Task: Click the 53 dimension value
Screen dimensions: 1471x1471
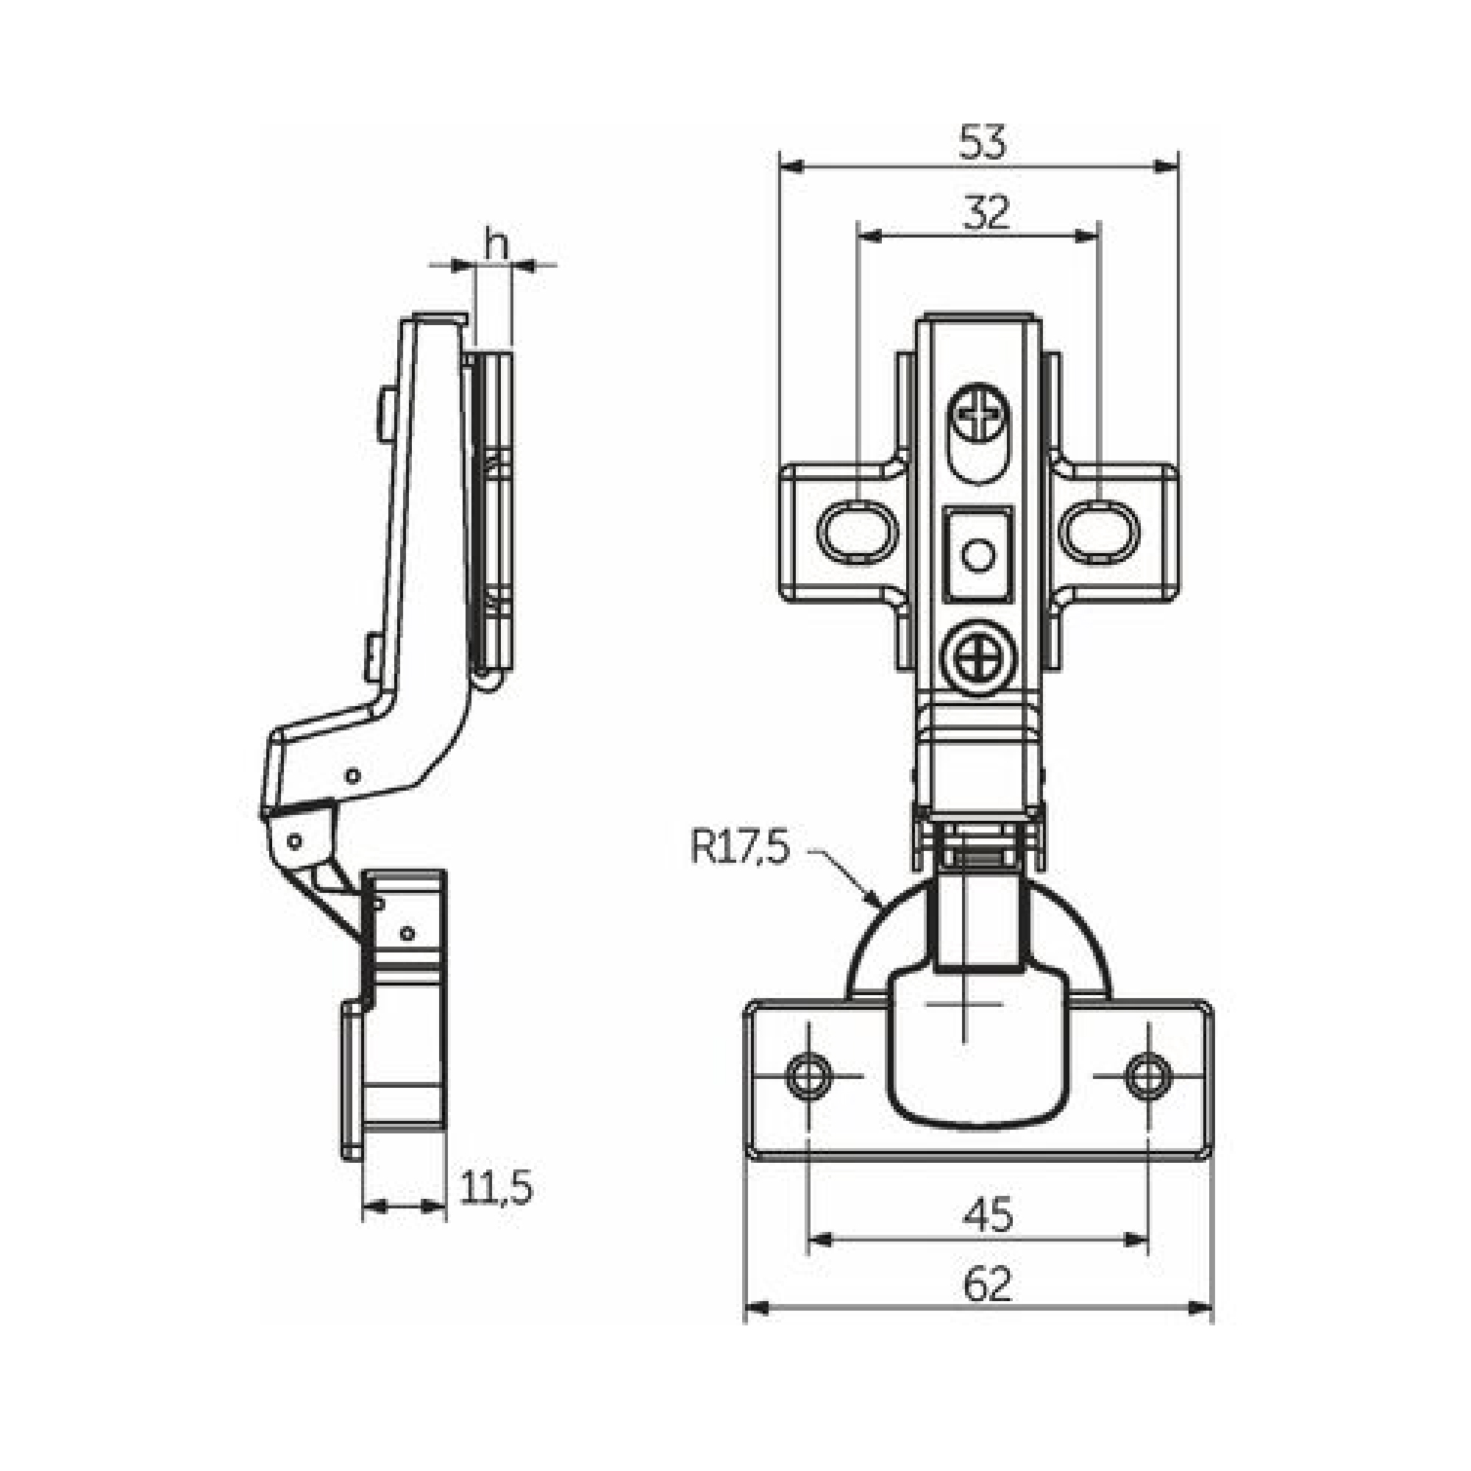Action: pyautogui.click(x=982, y=143)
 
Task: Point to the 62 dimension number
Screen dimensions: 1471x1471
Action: pyautogui.click(x=988, y=1284)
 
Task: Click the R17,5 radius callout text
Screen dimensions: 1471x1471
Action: pyautogui.click(x=740, y=847)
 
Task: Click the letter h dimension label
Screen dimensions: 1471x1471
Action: pyautogui.click(x=496, y=244)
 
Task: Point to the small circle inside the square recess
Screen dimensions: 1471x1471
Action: pyautogui.click(x=978, y=556)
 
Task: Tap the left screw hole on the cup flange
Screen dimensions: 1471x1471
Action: pyautogui.click(x=807, y=1076)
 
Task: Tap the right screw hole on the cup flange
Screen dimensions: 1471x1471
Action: pyautogui.click(x=1147, y=1076)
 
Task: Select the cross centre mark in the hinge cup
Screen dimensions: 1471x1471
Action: pyautogui.click(x=964, y=1004)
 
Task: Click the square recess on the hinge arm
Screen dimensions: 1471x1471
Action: pyautogui.click(x=978, y=554)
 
